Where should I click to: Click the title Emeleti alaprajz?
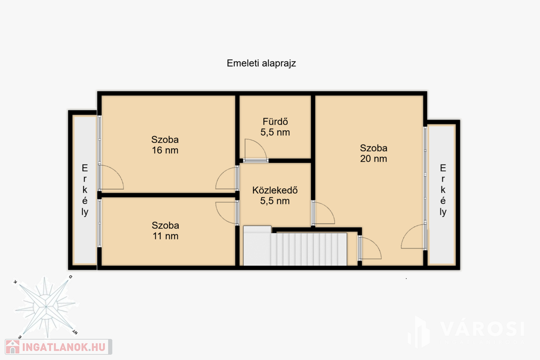[262, 63]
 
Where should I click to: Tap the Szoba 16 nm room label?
[165, 145]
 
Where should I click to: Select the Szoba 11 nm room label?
[165, 230]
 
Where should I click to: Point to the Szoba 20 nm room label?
[374, 153]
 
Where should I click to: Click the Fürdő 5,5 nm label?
[275, 127]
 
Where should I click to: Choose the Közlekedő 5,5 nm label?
[275, 196]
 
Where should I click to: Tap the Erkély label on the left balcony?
[85, 190]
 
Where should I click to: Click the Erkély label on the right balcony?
[443, 190]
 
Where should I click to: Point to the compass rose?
[46, 306]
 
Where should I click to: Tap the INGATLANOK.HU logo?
[58, 347]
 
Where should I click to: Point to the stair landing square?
[257, 246]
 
